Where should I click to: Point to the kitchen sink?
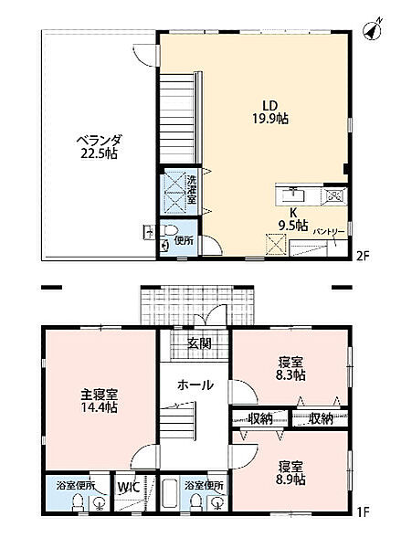[295, 194]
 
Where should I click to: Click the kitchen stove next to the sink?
[332, 194]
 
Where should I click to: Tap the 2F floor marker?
[362, 258]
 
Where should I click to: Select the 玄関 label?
[200, 343]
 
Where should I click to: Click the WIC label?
[125, 487]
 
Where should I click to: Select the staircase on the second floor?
[174, 119]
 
